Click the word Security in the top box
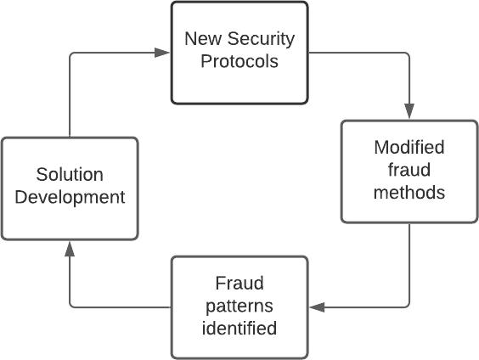[261, 40]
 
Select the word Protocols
[239, 61]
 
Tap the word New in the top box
[203, 39]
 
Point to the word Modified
[409, 147]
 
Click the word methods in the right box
[409, 193]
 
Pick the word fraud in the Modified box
[409, 170]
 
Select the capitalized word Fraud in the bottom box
[239, 283]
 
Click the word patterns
[239, 307]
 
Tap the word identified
[239, 328]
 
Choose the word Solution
[70, 174]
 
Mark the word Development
[70, 198]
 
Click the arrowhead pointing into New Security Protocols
[162, 53]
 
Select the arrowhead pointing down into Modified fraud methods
[409, 111]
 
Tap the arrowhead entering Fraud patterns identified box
[317, 307]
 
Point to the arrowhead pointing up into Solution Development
[70, 249]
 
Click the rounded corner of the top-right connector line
[407, 54]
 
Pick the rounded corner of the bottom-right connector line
[407, 306]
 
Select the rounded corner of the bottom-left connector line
[72, 306]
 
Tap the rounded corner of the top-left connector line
[72, 54]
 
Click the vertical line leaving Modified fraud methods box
[409, 262]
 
